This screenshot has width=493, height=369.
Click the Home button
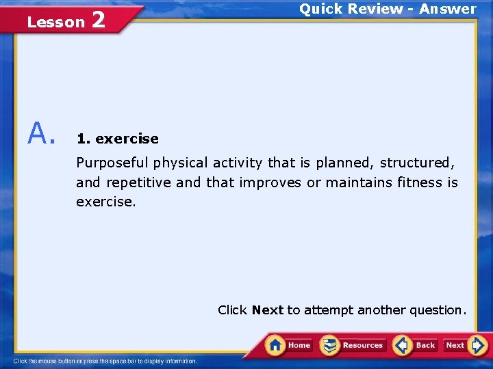pos(288,345)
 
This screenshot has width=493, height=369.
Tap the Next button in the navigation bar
pos(466,345)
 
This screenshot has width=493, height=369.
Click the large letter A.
pos(40,133)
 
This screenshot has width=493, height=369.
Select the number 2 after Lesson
pos(98,20)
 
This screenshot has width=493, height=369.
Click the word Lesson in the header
pos(55,23)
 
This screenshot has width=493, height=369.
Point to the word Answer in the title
pos(448,9)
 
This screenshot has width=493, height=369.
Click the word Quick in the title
pos(320,9)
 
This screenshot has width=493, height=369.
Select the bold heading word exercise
pos(127,139)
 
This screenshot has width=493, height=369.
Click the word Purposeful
pos(112,163)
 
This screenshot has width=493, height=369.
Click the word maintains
pos(358,182)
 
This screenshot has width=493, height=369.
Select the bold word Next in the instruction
pos(267,310)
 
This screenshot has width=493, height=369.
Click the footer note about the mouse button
pos(105,361)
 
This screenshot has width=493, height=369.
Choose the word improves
pos(273,182)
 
